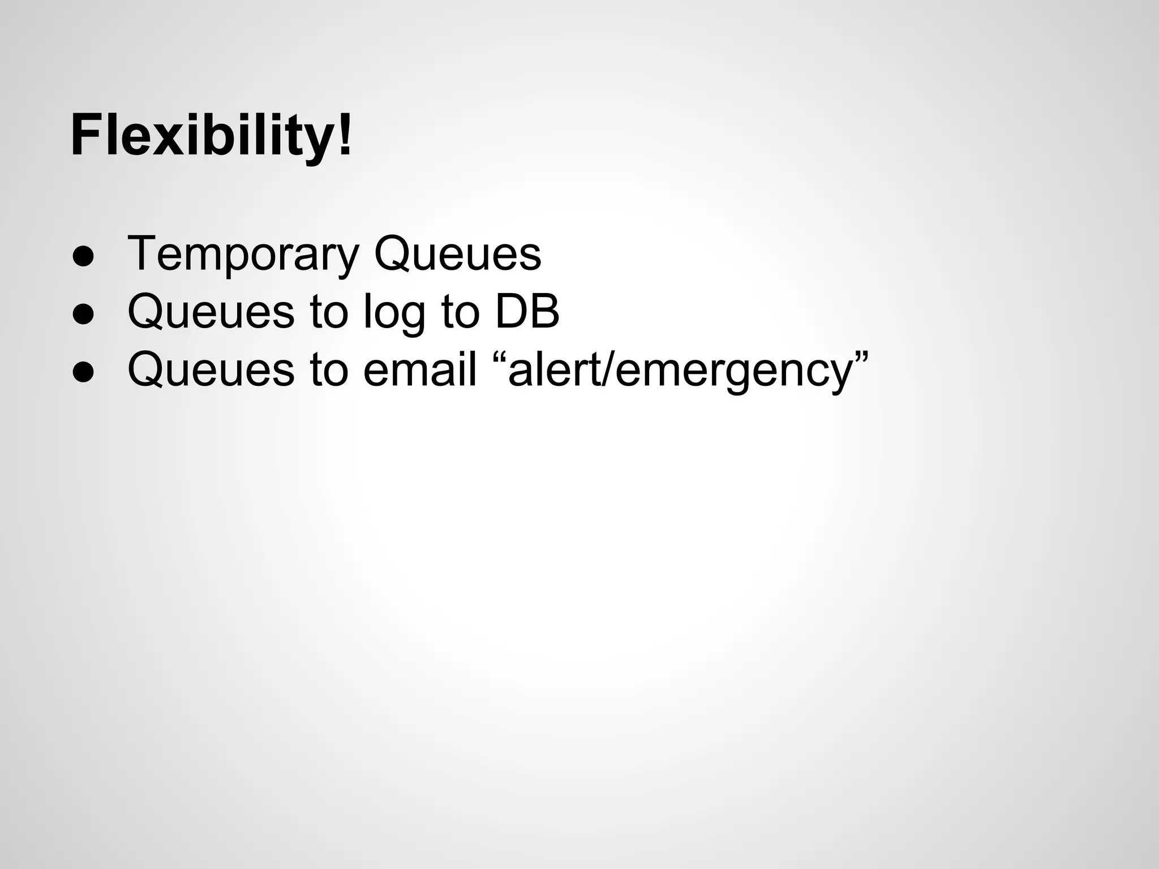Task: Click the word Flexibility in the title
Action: [x=204, y=136]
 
